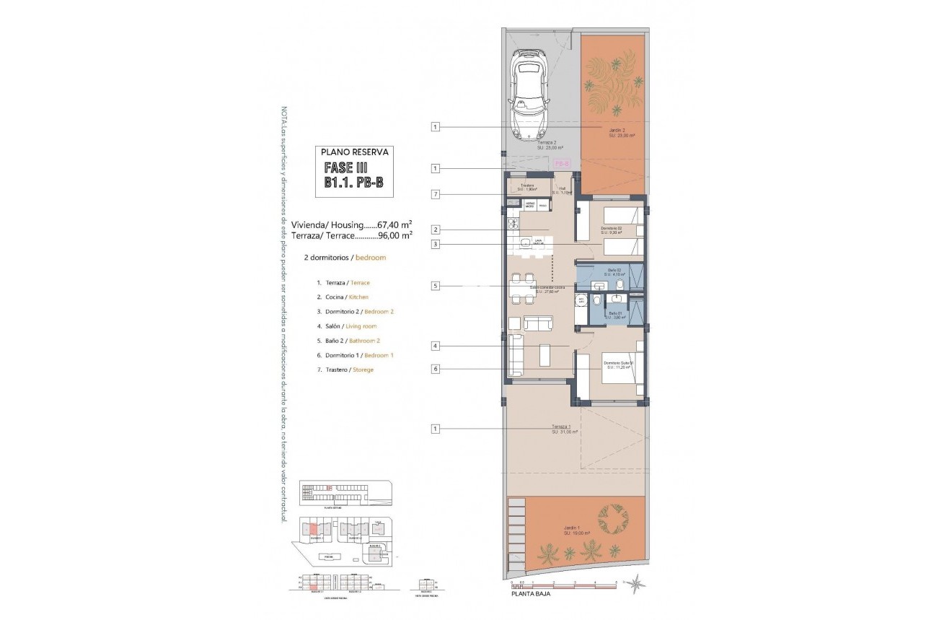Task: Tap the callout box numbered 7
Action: pyautogui.click(x=436, y=194)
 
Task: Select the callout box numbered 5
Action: pyautogui.click(x=436, y=286)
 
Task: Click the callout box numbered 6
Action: pyautogui.click(x=436, y=370)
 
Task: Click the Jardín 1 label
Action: pyautogui.click(x=576, y=532)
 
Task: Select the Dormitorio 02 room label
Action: pyautogui.click(x=611, y=230)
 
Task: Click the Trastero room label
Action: pyautogui.click(x=527, y=188)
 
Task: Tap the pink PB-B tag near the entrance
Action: pyautogui.click(x=563, y=164)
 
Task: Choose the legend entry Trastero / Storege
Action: pyautogui.click(x=345, y=370)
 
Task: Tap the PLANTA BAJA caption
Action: pyautogui.click(x=531, y=595)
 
